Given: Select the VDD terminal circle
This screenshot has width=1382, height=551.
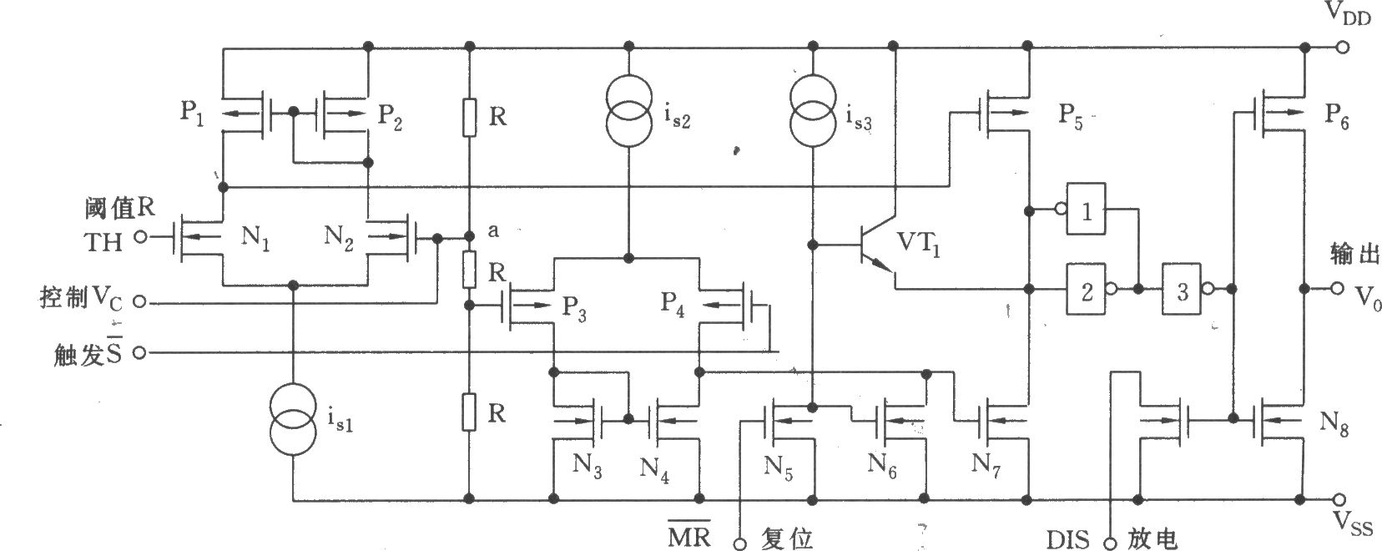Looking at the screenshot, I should pyautogui.click(x=1342, y=48).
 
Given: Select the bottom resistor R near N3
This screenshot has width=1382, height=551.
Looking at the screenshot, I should pyautogui.click(x=469, y=412).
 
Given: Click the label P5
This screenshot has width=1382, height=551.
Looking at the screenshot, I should pyautogui.click(x=1071, y=115).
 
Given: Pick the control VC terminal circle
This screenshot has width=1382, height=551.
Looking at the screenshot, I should pyautogui.click(x=140, y=301).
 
